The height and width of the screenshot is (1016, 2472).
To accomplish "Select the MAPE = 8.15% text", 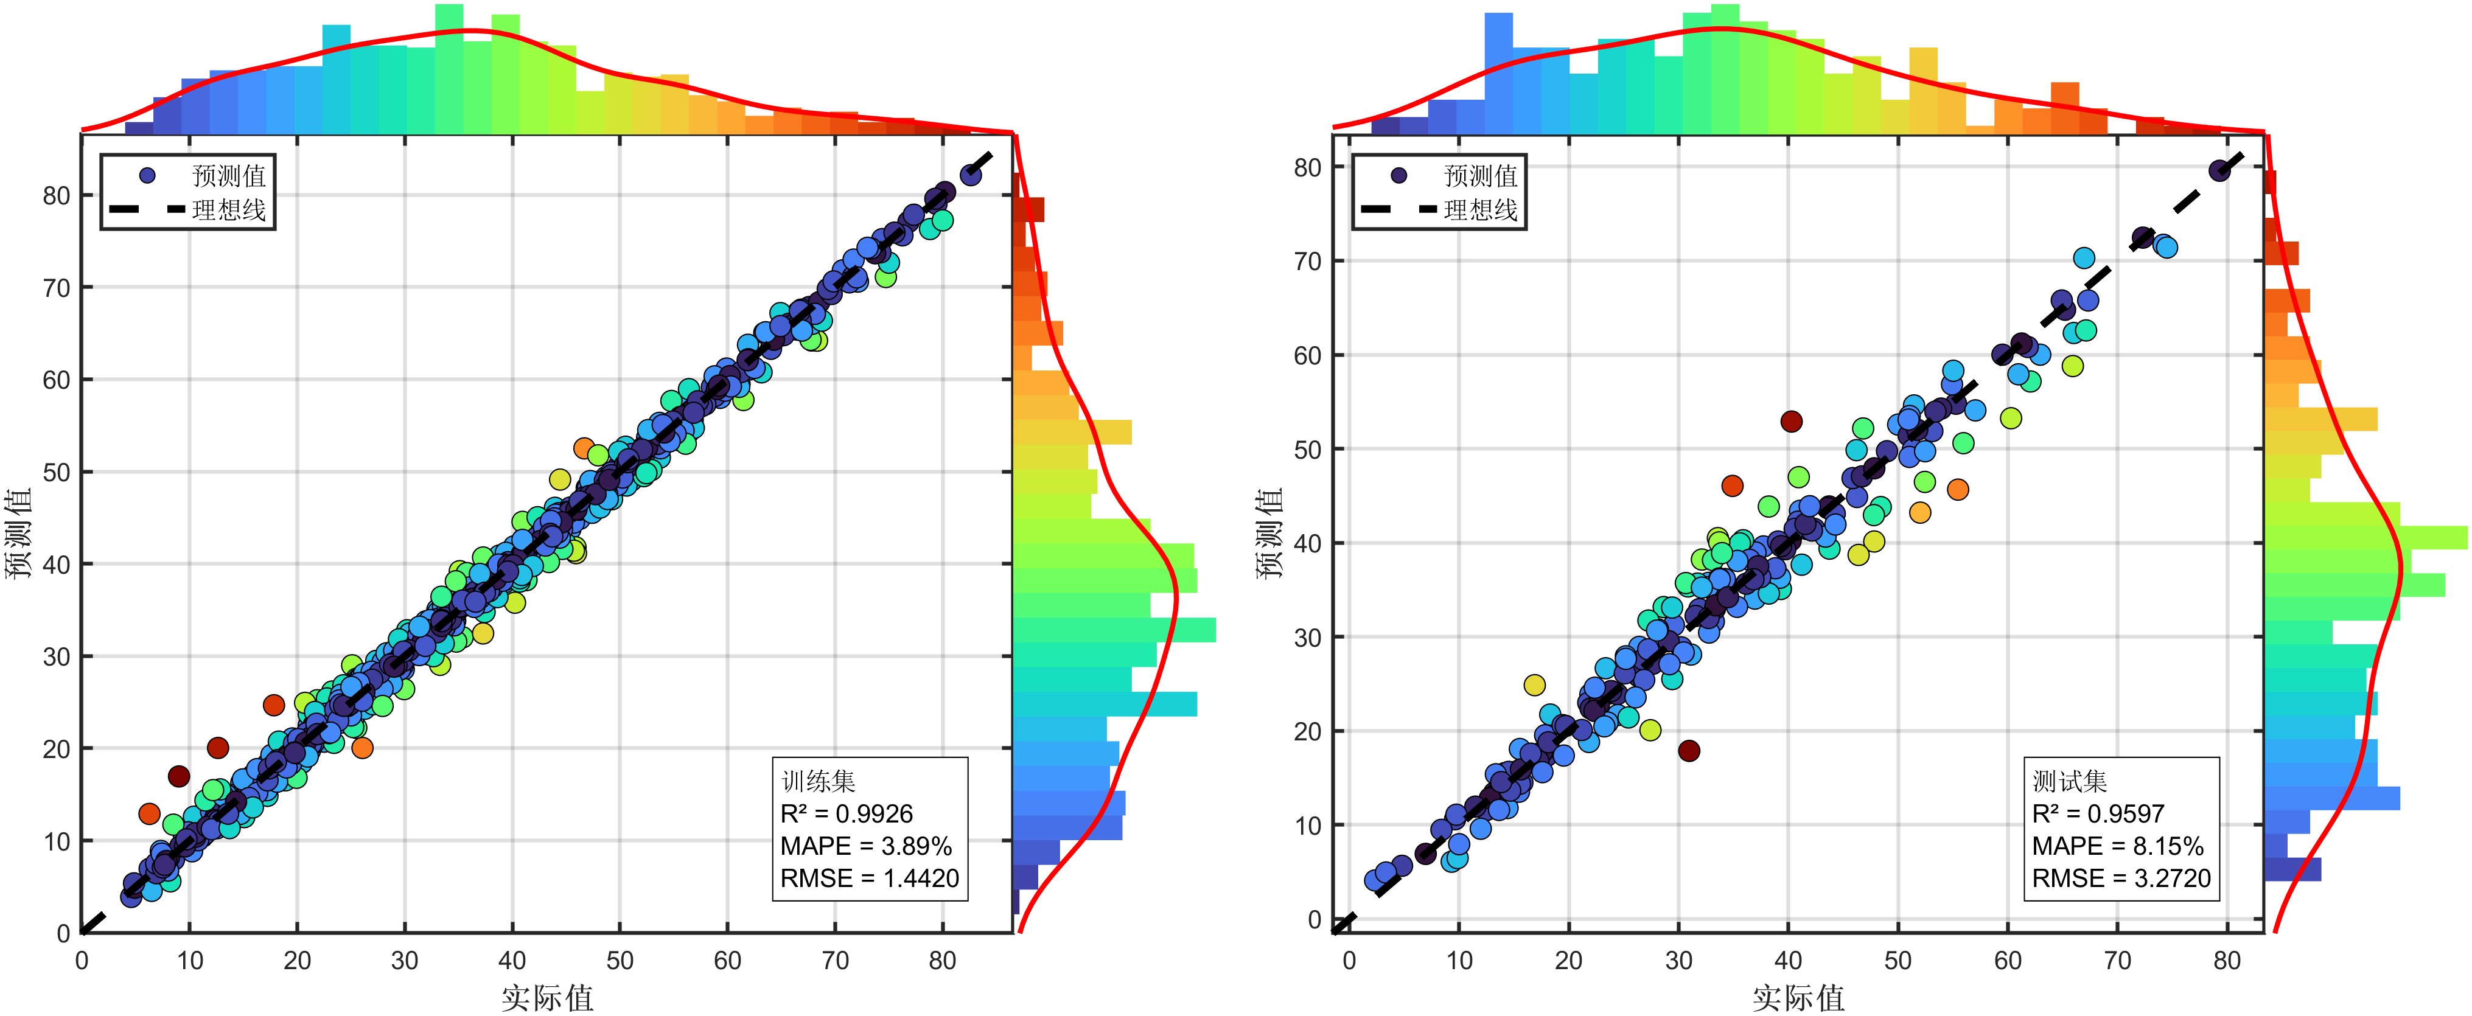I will pyautogui.click(x=2117, y=846).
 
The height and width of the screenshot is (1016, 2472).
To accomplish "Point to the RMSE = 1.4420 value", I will pyautogui.click(x=870, y=878).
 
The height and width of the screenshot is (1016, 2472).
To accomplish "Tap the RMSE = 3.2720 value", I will pyautogui.click(x=2121, y=878).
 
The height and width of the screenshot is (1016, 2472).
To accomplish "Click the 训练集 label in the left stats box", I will pyautogui.click(x=817, y=781).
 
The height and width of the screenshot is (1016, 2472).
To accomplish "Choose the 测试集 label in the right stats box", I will pyautogui.click(x=2069, y=781).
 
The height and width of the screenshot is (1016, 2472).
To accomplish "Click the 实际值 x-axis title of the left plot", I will pyautogui.click(x=547, y=998).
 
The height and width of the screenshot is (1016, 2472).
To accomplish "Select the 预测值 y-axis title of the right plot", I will pyautogui.click(x=1269, y=534).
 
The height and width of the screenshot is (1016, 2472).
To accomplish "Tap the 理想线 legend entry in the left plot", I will pyautogui.click(x=228, y=209).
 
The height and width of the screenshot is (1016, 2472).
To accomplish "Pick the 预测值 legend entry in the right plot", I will pyautogui.click(x=1480, y=176).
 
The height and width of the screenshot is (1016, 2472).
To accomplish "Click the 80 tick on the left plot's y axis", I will pyautogui.click(x=57, y=196).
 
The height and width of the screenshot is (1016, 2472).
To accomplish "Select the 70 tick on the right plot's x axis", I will pyautogui.click(x=2117, y=961).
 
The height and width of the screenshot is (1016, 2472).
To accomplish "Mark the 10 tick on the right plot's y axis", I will pyautogui.click(x=1307, y=825).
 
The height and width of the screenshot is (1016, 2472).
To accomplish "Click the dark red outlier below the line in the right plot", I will pyautogui.click(x=1689, y=750).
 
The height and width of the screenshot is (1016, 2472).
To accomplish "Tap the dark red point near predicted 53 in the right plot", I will pyautogui.click(x=1790, y=421).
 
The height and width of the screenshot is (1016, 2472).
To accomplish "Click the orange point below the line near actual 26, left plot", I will pyautogui.click(x=361, y=747).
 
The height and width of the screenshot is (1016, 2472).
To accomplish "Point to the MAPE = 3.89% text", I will pyautogui.click(x=865, y=846).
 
